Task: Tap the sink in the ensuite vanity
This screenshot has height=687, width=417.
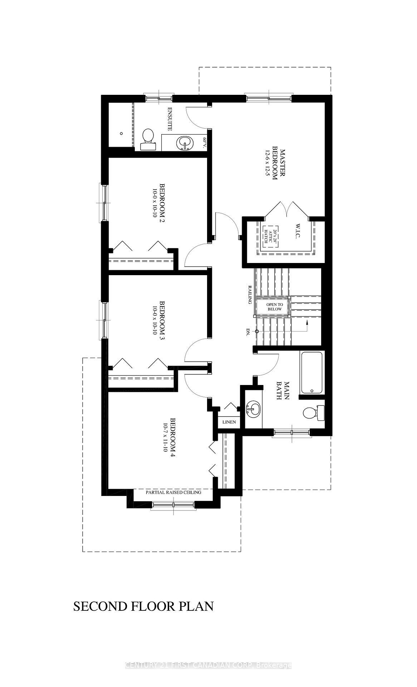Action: (184, 143)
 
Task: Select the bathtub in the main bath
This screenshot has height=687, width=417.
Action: (312, 372)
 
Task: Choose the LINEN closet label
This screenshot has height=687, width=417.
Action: (229, 422)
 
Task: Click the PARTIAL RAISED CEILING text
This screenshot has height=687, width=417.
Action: (173, 492)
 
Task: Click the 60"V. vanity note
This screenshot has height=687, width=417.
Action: (205, 143)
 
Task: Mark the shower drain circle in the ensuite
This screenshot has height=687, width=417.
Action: (122, 133)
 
